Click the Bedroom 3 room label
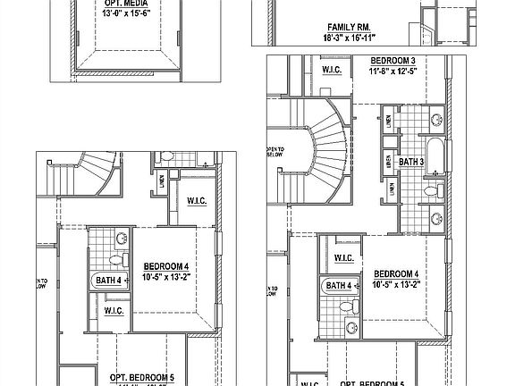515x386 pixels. click(399, 62)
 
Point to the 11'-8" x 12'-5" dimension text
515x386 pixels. click(399, 71)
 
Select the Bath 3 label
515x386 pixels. click(411, 162)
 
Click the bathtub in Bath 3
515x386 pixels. click(434, 155)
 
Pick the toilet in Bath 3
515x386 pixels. click(431, 189)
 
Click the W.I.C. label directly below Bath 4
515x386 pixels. click(114, 311)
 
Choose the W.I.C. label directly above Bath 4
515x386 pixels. click(344, 257)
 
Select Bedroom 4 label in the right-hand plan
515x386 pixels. click(398, 273)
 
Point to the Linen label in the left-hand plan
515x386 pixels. click(162, 180)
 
